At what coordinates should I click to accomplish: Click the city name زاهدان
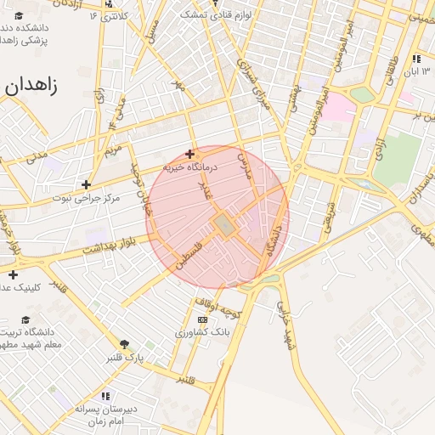tap(31, 86)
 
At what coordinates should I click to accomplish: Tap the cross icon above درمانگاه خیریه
tap(189, 154)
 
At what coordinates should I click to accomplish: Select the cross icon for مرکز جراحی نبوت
tap(86, 184)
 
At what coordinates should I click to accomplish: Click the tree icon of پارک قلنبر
tap(126, 343)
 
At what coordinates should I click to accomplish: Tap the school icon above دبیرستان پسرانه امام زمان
tap(105, 396)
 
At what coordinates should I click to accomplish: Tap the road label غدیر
tap(204, 186)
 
